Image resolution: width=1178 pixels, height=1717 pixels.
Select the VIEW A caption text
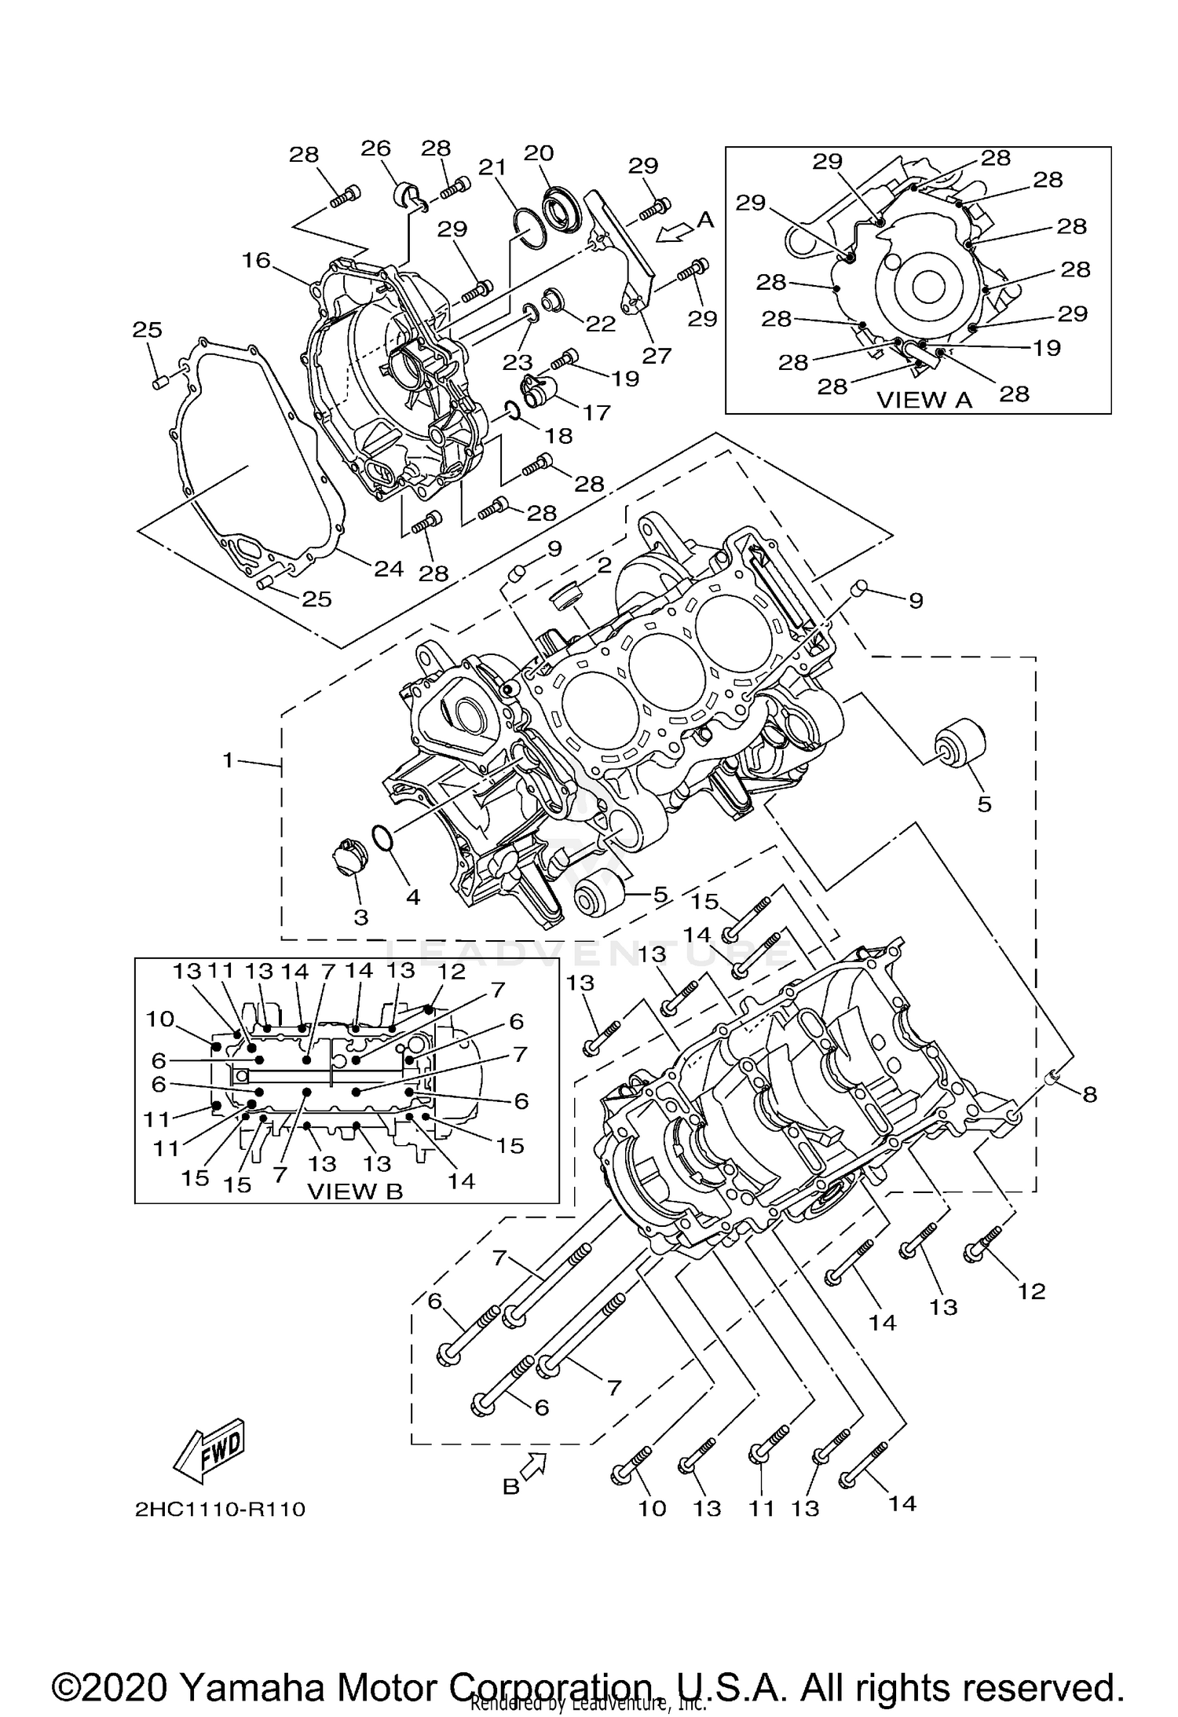[924, 400]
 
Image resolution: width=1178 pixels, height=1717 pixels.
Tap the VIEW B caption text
[354, 1192]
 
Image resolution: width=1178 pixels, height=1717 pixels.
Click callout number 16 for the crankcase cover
[256, 260]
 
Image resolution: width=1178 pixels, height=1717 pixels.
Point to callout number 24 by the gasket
[388, 568]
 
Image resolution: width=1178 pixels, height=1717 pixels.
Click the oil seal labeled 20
[559, 209]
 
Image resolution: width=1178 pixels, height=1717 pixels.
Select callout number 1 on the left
[229, 760]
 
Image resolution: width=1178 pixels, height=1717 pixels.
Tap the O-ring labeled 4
[382, 838]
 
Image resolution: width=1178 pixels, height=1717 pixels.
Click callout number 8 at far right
[1089, 1094]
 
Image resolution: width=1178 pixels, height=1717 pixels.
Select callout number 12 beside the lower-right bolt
[1031, 1291]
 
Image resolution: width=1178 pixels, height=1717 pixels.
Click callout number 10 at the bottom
[652, 1507]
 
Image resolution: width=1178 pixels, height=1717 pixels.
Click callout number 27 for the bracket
[657, 356]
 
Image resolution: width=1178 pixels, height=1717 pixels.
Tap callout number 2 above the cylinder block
[603, 565]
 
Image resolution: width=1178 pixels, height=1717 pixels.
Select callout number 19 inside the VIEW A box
[1046, 348]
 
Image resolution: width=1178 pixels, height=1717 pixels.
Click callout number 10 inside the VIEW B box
[159, 1019]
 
